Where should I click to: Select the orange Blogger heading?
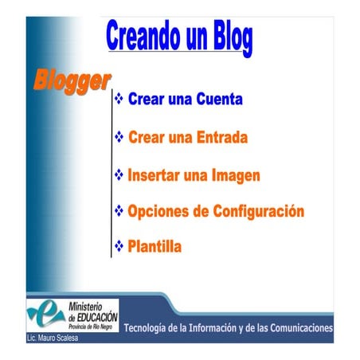71,80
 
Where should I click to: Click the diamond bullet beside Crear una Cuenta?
119,100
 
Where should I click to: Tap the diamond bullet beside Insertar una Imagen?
119,174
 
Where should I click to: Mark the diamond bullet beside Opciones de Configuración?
119,210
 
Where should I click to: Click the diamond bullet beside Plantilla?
119,246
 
